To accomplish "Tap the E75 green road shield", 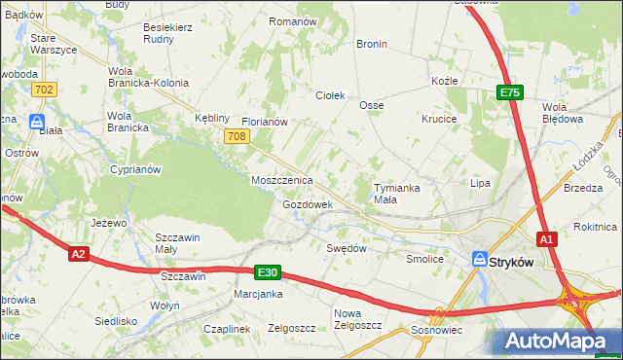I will pyautogui.click(x=510, y=92).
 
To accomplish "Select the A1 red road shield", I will pyautogui.click(x=547, y=238).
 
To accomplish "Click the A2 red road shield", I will pyautogui.click(x=80, y=254).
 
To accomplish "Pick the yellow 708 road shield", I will pyautogui.click(x=235, y=137).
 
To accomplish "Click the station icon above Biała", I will pyautogui.click(x=36, y=123).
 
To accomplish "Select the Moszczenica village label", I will pyautogui.click(x=281, y=181).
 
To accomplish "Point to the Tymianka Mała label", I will pyautogui.click(x=399, y=194).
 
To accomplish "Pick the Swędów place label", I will pyautogui.click(x=346, y=248).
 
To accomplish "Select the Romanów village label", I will pyautogui.click(x=293, y=21).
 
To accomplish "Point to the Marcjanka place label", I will pyautogui.click(x=258, y=294).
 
